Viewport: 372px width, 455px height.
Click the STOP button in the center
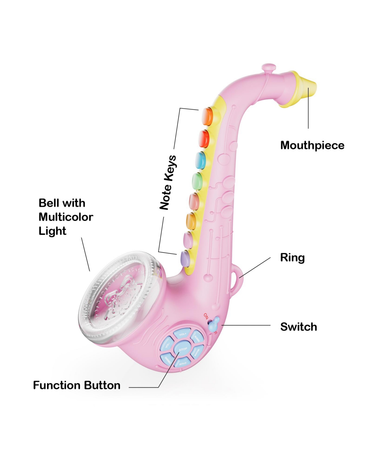(x=183, y=349)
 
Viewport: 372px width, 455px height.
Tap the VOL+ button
(x=182, y=334)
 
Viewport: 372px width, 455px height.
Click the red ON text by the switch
(x=206, y=316)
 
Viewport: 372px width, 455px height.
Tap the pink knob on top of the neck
(x=268, y=68)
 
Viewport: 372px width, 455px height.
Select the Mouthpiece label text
(x=312, y=145)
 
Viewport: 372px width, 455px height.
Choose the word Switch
(x=299, y=327)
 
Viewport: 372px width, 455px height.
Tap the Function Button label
(x=77, y=385)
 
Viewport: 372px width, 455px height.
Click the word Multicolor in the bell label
(x=66, y=217)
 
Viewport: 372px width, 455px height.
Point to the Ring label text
(x=292, y=258)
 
